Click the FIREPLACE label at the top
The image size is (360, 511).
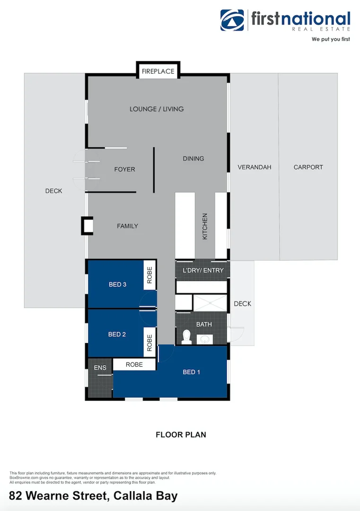pos(158,71)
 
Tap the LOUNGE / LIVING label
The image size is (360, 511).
pos(157,109)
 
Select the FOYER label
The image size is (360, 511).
pos(124,169)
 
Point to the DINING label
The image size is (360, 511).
pos(193,159)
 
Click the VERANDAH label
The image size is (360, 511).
pos(254,167)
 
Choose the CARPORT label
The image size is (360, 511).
pos(308,167)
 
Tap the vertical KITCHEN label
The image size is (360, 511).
pos(205,226)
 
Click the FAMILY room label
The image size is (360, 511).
pos(127,226)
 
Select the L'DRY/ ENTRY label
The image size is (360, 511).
pos(203,271)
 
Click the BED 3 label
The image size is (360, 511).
pos(117,285)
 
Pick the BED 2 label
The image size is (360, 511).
pos(117,335)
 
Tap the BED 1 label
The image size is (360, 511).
pos(191,372)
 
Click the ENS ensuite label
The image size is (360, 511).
pos(100,368)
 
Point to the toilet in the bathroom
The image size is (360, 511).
pos(186,337)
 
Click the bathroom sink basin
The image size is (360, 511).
pos(205,339)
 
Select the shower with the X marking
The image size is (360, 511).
pos(211,302)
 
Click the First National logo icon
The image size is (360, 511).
pos(232,20)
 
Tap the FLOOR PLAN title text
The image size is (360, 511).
pos(181,435)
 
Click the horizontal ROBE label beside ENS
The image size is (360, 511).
pos(134,365)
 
